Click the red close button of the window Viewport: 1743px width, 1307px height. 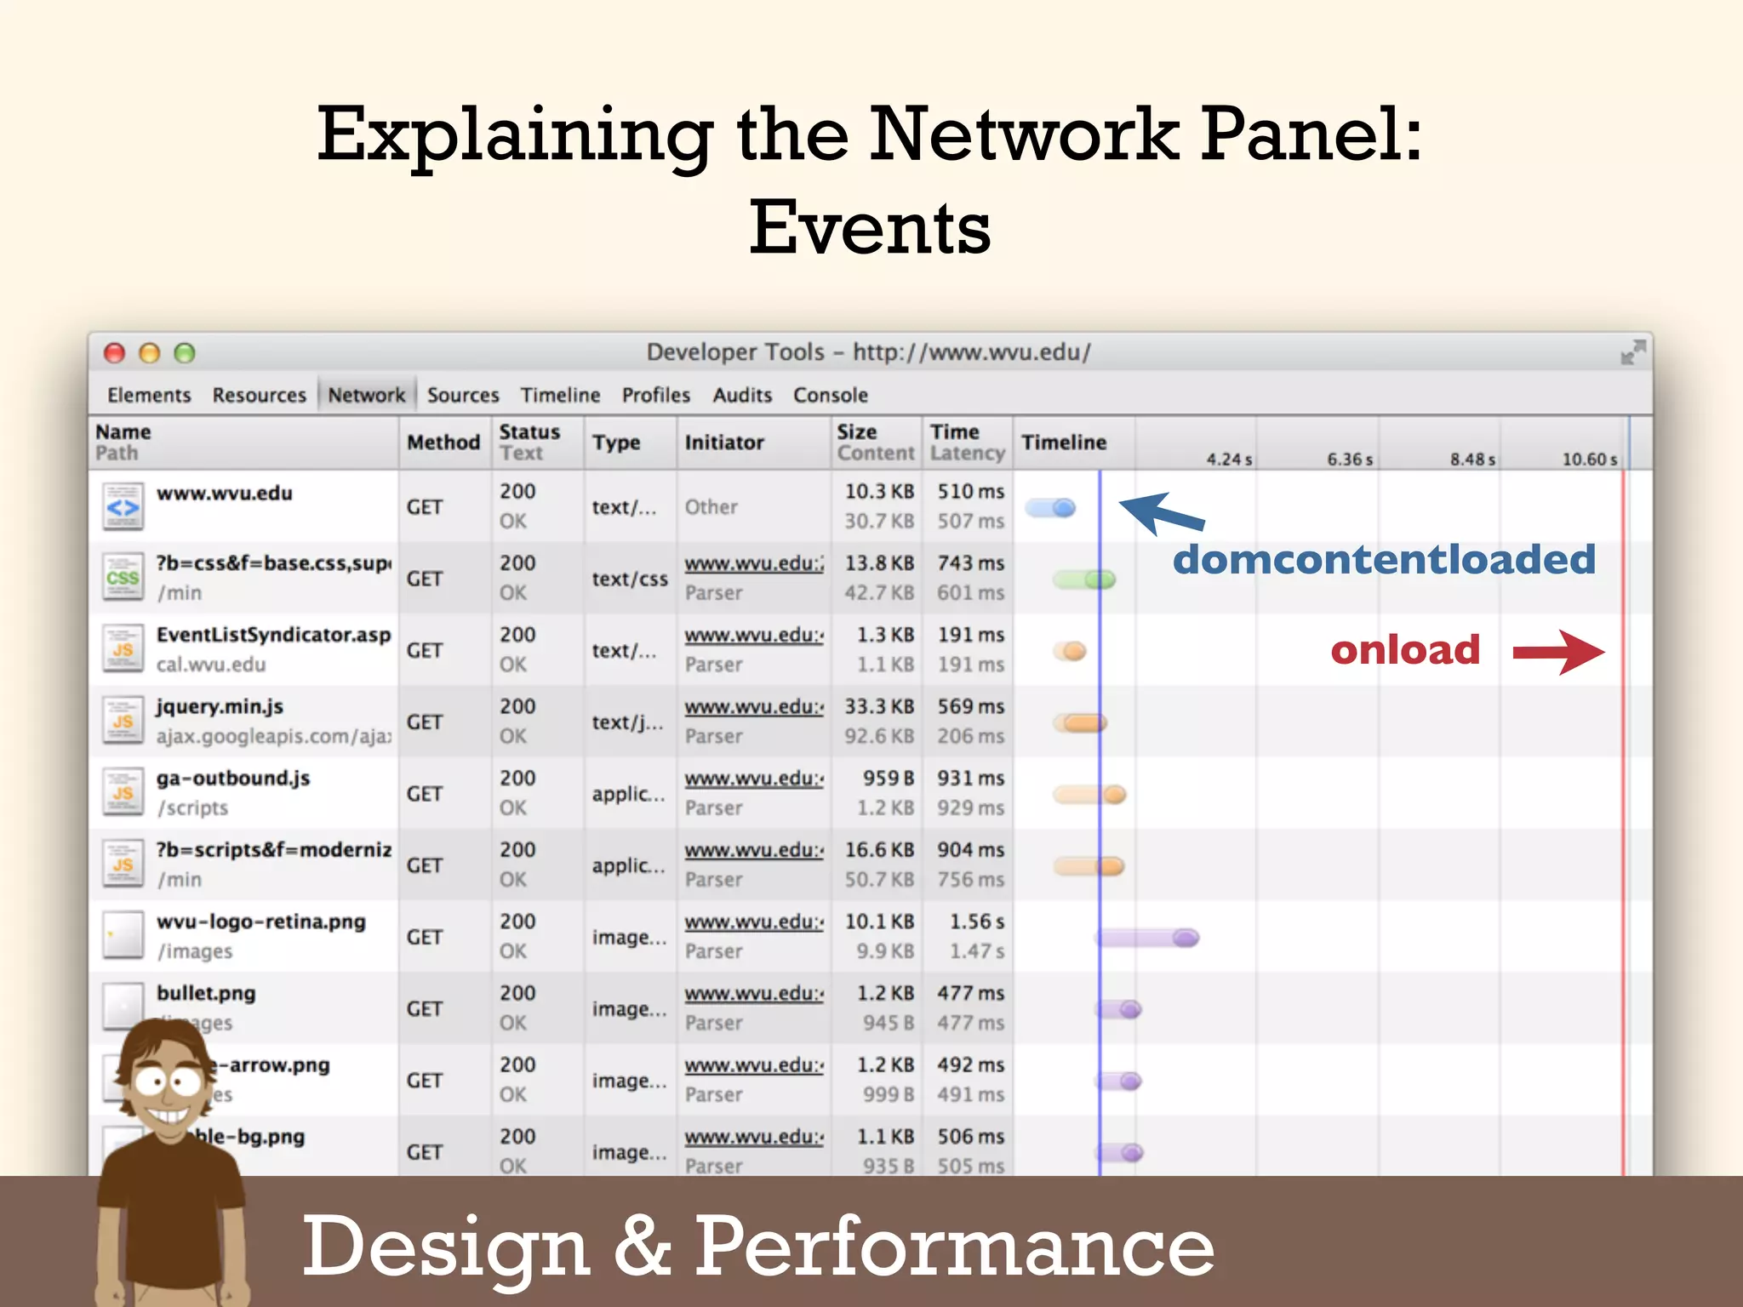114,353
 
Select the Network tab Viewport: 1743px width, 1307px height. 366,395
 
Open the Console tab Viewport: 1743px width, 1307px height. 830,395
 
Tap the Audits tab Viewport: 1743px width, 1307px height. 742,395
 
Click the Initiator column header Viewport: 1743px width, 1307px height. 724,442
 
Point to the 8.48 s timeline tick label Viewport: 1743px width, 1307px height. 1472,459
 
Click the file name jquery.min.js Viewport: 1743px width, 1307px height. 220,706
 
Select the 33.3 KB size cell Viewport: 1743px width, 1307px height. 879,706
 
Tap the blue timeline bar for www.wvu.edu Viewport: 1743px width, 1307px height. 1051,508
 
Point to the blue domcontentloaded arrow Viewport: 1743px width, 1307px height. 1160,513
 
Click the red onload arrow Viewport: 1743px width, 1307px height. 1558,653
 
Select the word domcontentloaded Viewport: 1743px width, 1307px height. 1384,559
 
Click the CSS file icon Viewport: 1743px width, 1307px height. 123,578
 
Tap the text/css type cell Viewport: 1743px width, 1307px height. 630,579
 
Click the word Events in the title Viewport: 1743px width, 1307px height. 870,227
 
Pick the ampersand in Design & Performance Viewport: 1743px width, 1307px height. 642,1246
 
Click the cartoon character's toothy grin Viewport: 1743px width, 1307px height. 170,1116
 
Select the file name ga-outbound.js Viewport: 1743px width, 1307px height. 233,778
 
